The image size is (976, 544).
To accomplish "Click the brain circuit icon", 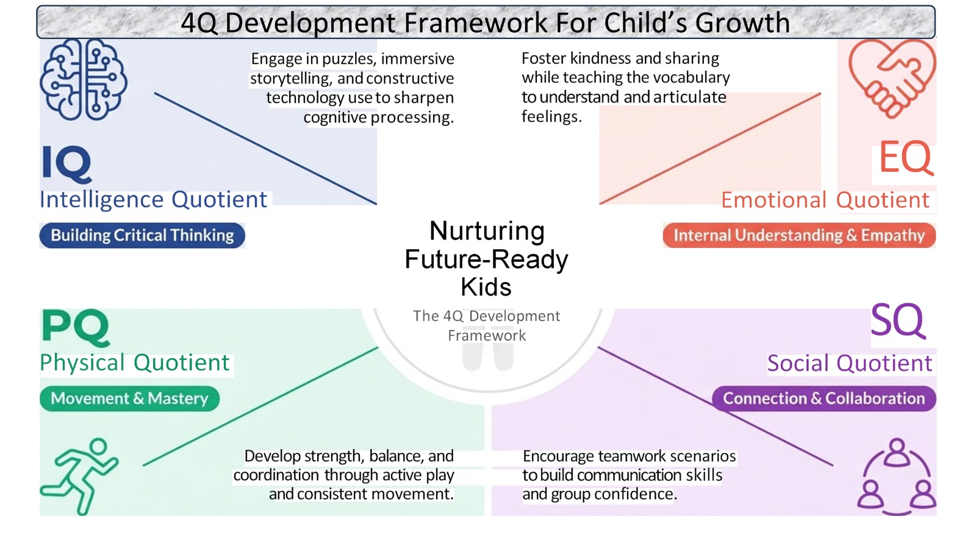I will [x=84, y=79].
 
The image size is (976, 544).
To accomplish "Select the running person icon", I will [x=79, y=476].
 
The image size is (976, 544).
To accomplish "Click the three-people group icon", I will [x=897, y=476].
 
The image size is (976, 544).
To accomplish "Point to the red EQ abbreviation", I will [x=905, y=157].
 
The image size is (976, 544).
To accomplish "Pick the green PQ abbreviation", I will [x=76, y=327].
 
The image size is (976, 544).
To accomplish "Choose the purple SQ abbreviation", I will [x=898, y=320].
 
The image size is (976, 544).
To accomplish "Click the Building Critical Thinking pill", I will [x=142, y=236].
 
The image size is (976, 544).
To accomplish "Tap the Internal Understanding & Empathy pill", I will [x=799, y=236].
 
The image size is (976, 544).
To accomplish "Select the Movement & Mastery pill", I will [x=129, y=398].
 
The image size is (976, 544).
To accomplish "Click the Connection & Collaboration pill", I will [x=823, y=398].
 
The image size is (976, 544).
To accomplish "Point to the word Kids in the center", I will [x=486, y=287].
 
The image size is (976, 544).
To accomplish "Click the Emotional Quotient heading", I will [x=825, y=200].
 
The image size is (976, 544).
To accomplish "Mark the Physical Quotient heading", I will [x=135, y=362].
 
